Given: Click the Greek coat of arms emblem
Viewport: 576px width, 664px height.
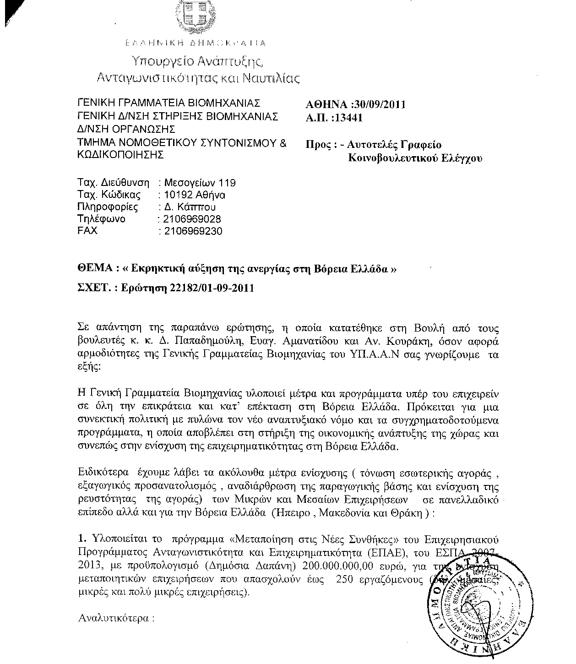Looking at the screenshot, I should pyautogui.click(x=196, y=16).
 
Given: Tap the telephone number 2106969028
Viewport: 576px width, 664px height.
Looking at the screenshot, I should pyautogui.click(x=189, y=219).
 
